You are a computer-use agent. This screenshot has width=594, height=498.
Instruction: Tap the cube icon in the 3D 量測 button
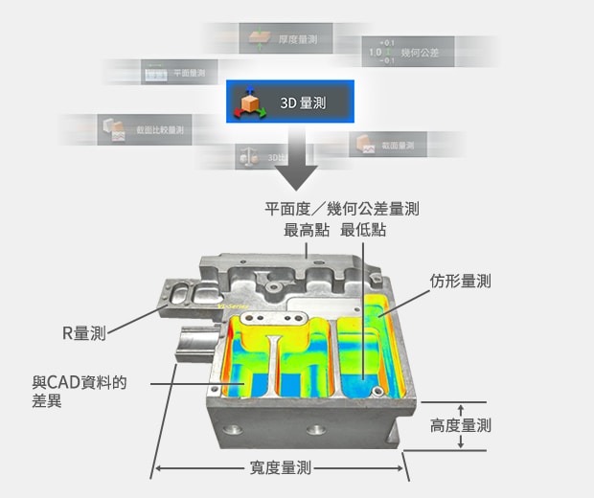click(252, 102)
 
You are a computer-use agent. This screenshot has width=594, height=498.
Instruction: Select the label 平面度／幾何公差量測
click(341, 209)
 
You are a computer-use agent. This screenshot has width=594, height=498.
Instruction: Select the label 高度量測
click(461, 425)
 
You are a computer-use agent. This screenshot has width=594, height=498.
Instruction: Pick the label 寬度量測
click(278, 468)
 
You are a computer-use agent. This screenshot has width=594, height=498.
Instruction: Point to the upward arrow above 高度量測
click(461, 409)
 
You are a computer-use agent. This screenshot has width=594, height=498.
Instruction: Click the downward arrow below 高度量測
click(461, 442)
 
